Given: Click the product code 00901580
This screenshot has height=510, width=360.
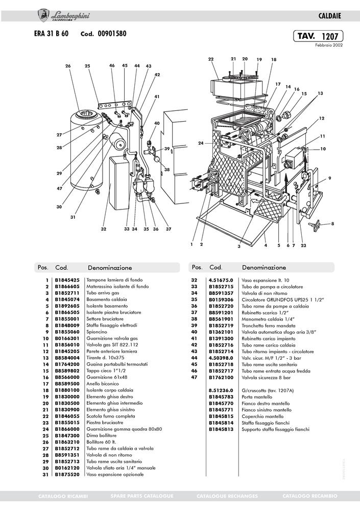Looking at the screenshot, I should [x=112, y=34].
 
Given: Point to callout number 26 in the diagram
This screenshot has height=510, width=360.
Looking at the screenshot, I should [x=67, y=66].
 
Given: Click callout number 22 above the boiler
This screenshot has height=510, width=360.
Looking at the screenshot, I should [x=211, y=59].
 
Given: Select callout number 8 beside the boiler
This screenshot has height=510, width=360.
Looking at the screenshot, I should [x=332, y=223].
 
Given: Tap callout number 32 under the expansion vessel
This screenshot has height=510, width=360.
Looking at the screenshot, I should [x=103, y=229].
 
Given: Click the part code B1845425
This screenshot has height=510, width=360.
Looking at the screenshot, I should [x=67, y=281].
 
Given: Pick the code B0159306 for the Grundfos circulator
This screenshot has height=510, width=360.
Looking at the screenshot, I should [x=221, y=299].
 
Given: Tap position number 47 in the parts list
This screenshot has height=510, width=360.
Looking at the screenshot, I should [x=194, y=377].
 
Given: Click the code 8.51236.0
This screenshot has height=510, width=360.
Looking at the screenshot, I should [x=221, y=390].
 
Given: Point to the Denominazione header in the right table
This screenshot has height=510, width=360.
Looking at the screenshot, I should [x=263, y=267].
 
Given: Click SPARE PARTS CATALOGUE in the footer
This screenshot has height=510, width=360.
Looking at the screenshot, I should [x=142, y=496].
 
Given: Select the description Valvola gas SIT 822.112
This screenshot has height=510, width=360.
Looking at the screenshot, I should [x=112, y=345].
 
